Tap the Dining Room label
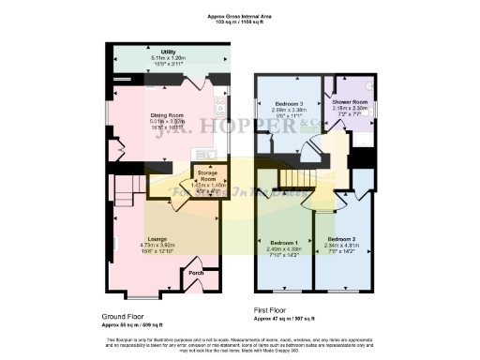[x=171, y=116]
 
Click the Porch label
[x=196, y=273]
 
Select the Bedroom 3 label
[x=289, y=103]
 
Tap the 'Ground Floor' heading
[x=128, y=317]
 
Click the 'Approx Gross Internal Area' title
[x=240, y=16]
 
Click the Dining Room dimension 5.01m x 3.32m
[x=171, y=122]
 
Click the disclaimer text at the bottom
[x=240, y=343]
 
